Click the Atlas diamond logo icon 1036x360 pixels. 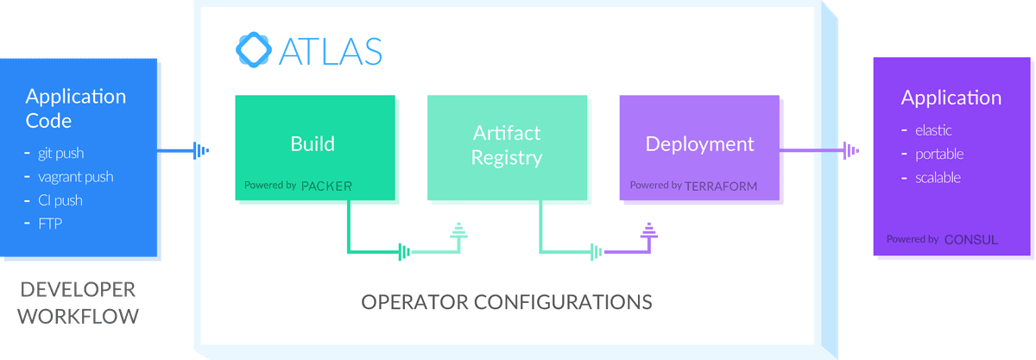click(254, 50)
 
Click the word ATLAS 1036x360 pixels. click(331, 51)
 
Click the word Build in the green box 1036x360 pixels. click(313, 144)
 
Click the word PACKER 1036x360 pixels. click(326, 186)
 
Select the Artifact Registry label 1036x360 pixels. click(507, 145)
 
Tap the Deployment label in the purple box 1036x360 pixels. click(700, 144)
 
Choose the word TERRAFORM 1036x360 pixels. click(721, 186)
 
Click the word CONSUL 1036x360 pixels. click(971, 240)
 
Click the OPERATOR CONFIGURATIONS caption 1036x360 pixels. click(507, 302)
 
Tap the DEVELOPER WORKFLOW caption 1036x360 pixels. click(79, 303)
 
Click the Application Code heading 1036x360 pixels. click(76, 109)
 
